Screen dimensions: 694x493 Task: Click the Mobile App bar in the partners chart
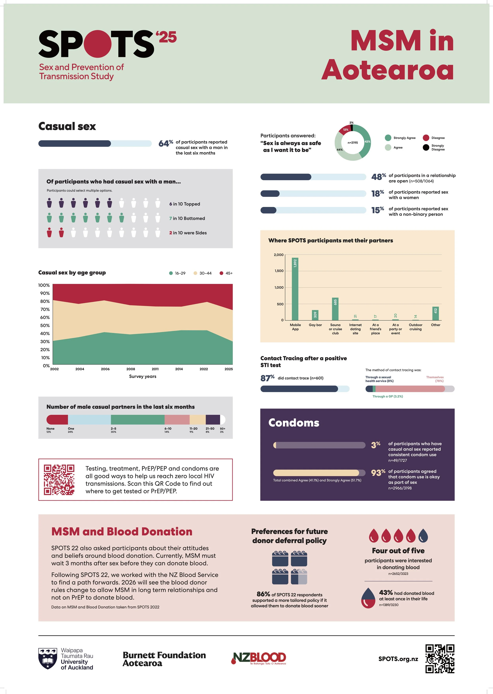click(x=295, y=289)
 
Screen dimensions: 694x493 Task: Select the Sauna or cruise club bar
click(x=335, y=309)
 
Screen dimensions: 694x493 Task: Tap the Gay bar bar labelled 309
click(x=315, y=315)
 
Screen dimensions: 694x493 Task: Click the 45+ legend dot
click(x=221, y=273)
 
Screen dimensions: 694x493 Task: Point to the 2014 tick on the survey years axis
click(x=179, y=369)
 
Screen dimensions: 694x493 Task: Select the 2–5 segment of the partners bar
click(x=137, y=420)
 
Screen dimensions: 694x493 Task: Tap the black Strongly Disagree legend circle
click(x=426, y=147)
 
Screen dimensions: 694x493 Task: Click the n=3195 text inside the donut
click(x=352, y=143)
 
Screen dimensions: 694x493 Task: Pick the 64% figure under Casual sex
click(x=165, y=143)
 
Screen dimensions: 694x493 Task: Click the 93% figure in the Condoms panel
click(x=378, y=473)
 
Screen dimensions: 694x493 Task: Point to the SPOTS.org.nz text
click(x=398, y=659)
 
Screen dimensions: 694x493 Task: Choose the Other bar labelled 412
click(x=435, y=313)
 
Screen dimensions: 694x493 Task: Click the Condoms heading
click(x=294, y=423)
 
